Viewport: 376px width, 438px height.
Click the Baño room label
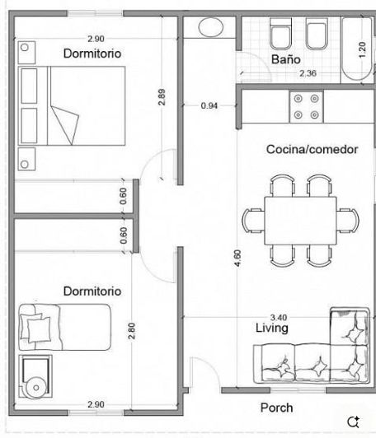[x=286, y=59]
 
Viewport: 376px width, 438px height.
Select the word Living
[x=271, y=328]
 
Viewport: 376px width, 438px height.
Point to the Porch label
[x=276, y=408]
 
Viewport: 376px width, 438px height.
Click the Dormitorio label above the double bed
[x=92, y=53]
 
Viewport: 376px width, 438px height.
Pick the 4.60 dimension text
[x=238, y=254]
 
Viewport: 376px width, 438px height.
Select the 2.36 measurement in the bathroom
[x=308, y=73]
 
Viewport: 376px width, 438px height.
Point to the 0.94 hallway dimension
[x=210, y=105]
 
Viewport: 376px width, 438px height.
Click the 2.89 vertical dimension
[x=162, y=96]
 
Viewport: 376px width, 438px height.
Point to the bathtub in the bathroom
[x=356, y=49]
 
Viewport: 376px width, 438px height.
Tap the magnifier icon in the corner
[x=354, y=422]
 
